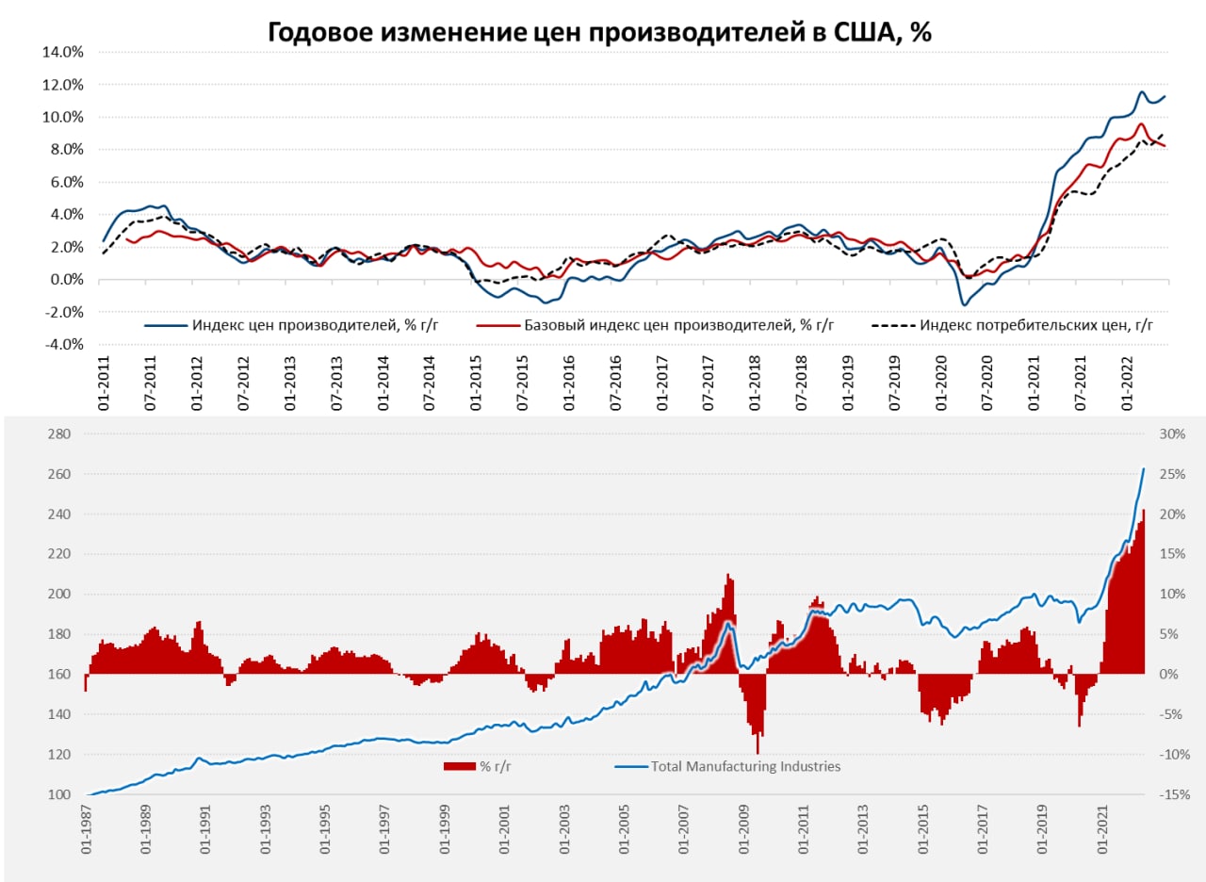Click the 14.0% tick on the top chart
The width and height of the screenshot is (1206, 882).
click(x=62, y=52)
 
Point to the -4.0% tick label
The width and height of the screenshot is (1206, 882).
click(x=62, y=345)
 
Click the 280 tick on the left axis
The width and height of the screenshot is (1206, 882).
click(x=58, y=434)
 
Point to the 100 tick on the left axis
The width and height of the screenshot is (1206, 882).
click(x=58, y=794)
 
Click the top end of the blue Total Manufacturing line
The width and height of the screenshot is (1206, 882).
click(x=1144, y=469)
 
